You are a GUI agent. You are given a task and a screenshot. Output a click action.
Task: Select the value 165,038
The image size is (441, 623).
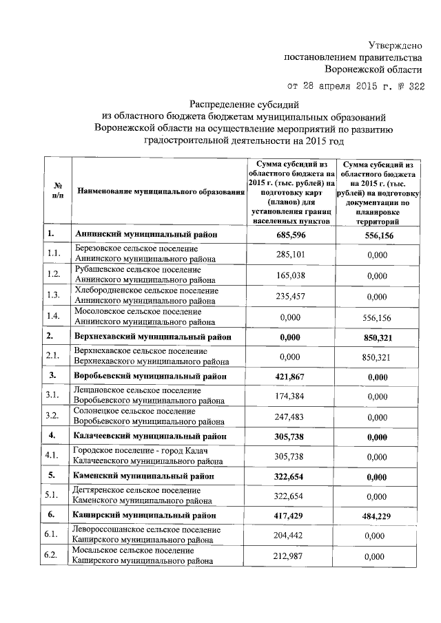[291, 275]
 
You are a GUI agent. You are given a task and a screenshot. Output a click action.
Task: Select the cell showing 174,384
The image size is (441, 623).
[291, 396]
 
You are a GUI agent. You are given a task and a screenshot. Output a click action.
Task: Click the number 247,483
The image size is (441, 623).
[291, 416]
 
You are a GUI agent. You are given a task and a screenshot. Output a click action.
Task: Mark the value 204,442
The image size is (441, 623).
[291, 534]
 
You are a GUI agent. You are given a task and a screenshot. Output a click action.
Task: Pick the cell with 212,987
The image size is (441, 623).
[291, 556]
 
